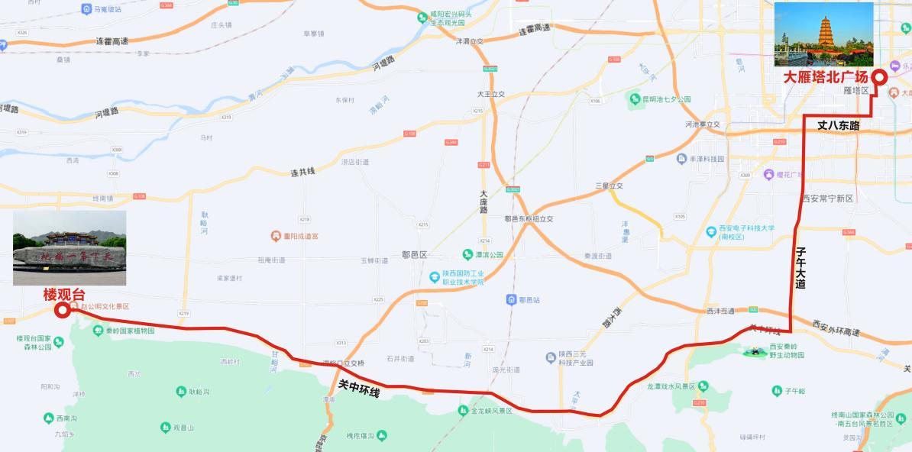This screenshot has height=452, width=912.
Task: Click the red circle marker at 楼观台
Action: click(63, 309)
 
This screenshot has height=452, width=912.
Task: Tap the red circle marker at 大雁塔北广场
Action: click(878, 76)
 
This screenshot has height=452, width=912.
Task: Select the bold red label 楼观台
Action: click(64, 294)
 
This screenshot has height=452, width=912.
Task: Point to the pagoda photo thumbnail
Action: click(823, 34)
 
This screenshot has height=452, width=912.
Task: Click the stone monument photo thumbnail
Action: click(70, 247)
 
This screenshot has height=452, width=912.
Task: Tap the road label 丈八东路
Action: click(839, 125)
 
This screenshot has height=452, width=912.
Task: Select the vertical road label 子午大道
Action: click(800, 267)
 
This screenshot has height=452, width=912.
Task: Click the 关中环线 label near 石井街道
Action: click(359, 387)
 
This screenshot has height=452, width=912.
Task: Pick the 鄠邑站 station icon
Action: click(511, 300)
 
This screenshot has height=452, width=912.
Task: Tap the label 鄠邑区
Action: click(414, 254)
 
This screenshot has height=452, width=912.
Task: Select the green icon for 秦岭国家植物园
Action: click(98, 331)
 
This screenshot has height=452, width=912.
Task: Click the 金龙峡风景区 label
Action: click(490, 411)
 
